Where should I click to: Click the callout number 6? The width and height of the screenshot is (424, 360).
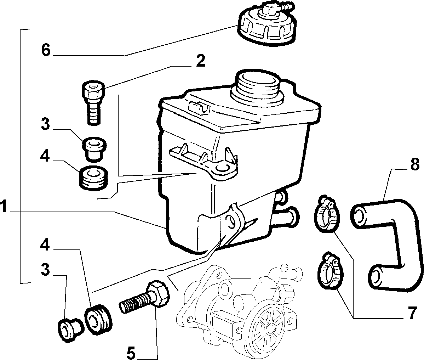point(46,50)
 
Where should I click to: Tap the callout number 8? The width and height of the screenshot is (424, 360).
point(415,164)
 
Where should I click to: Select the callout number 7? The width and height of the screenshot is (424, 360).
point(412,314)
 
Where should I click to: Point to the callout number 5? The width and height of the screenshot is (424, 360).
point(131,353)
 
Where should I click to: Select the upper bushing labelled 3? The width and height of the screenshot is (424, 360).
point(94,148)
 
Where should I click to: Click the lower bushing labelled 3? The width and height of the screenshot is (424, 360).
point(70,330)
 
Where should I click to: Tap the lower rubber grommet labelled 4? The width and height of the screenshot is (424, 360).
point(98,320)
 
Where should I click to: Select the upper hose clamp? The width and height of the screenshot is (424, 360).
point(327,214)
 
